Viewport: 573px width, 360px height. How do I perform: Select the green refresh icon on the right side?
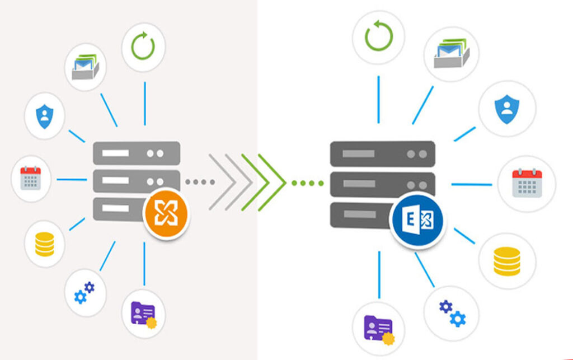379,36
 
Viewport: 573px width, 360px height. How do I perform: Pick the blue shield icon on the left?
44,116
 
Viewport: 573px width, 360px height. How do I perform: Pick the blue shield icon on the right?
507,108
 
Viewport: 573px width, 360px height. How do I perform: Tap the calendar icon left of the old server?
31,179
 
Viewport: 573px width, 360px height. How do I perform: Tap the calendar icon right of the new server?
527,183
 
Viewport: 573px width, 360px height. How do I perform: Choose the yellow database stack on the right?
507,261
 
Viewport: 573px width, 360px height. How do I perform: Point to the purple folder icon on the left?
143,314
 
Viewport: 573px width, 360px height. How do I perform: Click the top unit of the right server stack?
382,153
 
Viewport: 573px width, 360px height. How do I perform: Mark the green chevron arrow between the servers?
263,182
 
